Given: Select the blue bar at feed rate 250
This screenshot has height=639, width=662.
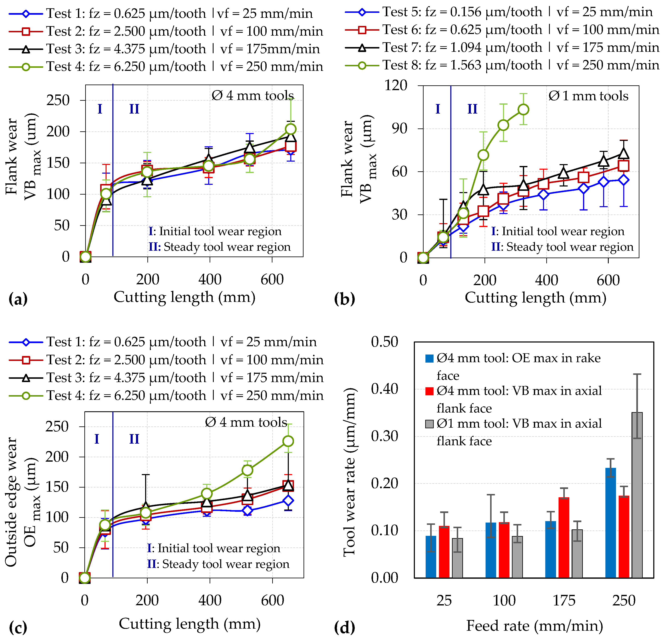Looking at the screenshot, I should (610, 523).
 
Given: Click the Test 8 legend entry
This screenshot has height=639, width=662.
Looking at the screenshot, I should (502, 65).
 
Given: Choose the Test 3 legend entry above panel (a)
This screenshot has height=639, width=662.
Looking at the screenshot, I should (165, 49).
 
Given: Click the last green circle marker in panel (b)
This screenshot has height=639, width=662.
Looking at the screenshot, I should (523, 109).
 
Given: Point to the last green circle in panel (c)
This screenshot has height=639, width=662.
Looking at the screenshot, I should (288, 441).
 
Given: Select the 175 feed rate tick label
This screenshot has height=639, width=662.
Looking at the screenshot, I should (564, 601).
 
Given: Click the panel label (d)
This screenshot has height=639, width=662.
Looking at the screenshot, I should (345, 627).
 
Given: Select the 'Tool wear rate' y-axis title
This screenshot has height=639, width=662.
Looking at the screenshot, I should (350, 473).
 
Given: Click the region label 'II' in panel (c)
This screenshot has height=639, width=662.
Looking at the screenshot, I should (134, 439).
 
